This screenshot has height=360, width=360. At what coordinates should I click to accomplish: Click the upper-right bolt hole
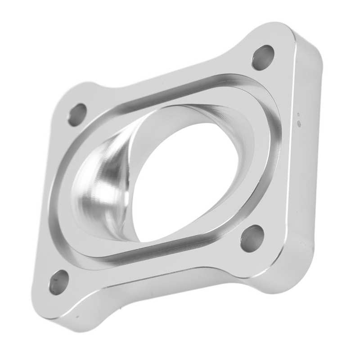(263, 58)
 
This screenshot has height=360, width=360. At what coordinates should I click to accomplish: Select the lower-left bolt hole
(59, 282)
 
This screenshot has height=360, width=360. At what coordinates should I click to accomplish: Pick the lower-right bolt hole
(252, 238)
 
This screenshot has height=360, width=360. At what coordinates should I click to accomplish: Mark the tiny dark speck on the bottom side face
(77, 316)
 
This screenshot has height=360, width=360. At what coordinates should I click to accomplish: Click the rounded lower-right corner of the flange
(288, 279)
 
